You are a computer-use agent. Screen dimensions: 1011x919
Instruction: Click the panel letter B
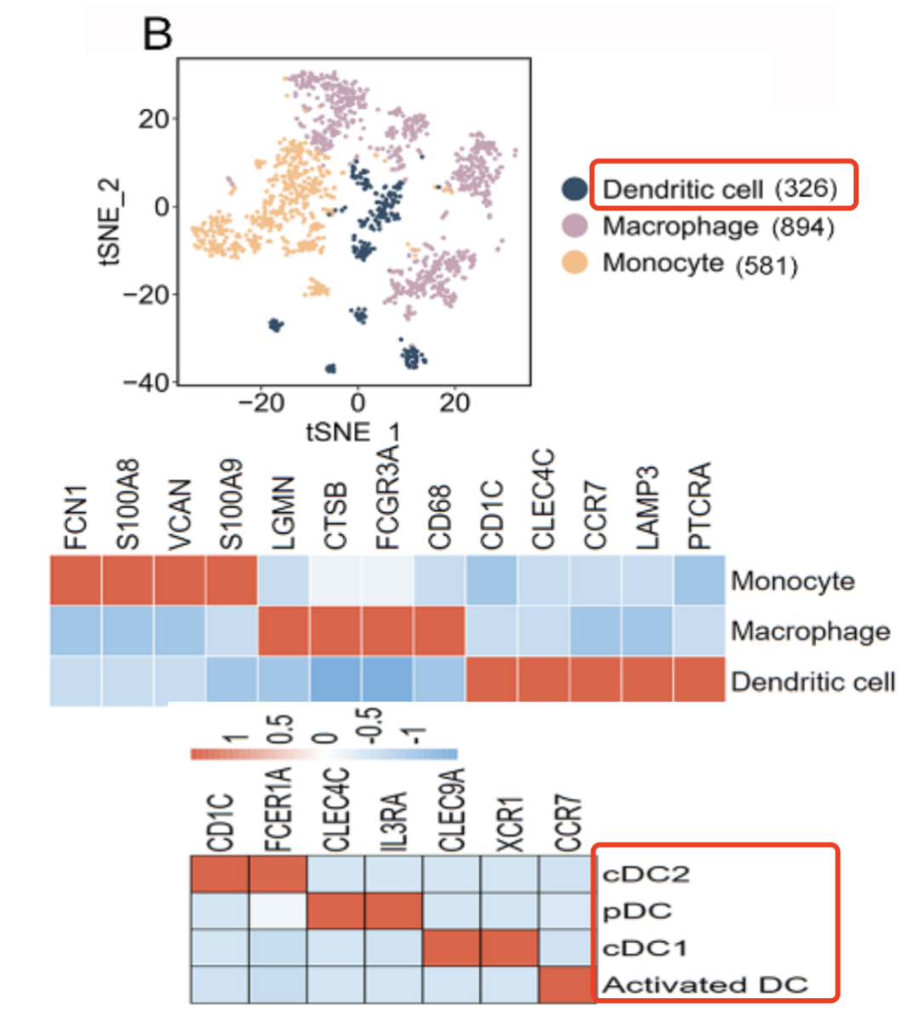[157, 35]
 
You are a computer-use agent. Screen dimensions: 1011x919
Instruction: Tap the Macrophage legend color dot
[575, 226]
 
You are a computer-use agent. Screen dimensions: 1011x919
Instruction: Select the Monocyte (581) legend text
[699, 264]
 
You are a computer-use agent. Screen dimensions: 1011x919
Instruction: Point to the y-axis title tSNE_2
[111, 223]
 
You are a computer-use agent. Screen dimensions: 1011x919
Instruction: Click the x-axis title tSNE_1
[351, 431]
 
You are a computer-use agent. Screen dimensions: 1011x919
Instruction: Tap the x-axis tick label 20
[454, 403]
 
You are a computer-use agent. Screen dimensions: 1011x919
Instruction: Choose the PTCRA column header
[699, 506]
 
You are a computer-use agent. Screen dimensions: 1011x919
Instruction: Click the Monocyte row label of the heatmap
[792, 581]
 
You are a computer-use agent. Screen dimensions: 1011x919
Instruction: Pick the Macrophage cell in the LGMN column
[283, 631]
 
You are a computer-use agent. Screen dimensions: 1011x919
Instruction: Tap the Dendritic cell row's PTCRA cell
[699, 680]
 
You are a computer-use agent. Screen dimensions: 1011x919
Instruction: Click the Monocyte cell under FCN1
[76, 581]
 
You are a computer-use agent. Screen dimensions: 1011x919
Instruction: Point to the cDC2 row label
[645, 874]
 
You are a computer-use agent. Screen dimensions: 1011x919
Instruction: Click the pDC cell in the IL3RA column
[393, 911]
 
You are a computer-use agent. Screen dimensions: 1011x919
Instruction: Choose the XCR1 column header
[510, 823]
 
